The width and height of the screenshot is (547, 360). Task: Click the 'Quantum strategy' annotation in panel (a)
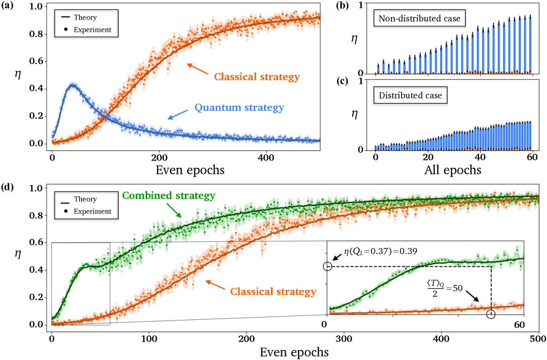coord(239,108)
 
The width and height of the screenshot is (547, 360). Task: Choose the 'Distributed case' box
coord(410,95)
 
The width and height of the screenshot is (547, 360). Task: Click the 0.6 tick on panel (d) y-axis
coord(35,242)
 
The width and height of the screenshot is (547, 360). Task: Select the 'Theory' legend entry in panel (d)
coord(85,199)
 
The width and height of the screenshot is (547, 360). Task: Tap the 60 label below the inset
coord(519,324)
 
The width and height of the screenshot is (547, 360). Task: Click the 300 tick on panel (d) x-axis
coord(344,338)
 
